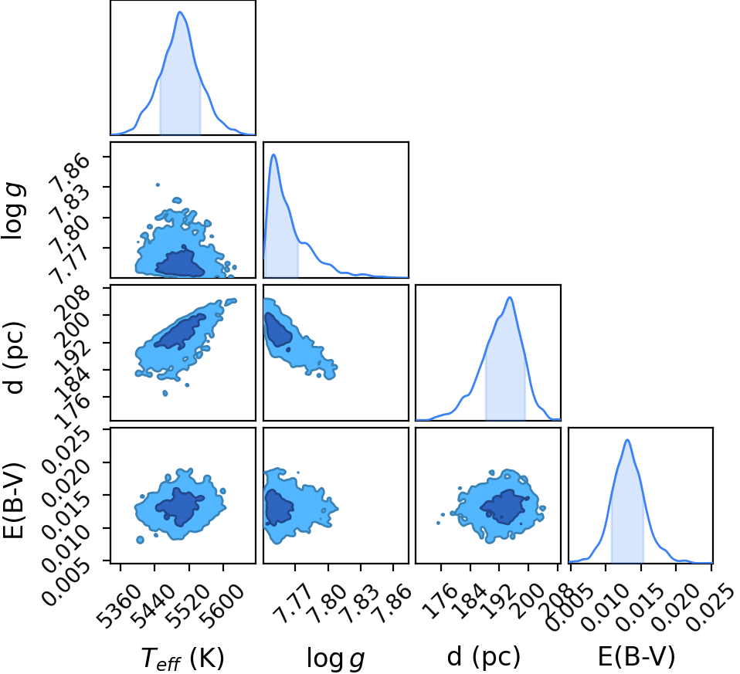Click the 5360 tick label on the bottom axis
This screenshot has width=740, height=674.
118,608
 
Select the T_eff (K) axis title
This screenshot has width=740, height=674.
182,658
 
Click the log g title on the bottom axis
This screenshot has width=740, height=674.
335,658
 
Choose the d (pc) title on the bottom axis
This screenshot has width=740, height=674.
484,656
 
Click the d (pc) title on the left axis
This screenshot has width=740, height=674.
13,357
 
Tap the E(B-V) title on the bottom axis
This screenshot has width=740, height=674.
636,656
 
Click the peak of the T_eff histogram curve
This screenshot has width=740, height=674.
180,12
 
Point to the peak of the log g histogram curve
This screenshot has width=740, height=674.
273,154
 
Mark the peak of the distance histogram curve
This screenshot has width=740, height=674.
510,297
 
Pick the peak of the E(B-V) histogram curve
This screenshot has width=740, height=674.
627,440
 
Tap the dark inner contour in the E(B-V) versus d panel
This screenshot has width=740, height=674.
504,507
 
